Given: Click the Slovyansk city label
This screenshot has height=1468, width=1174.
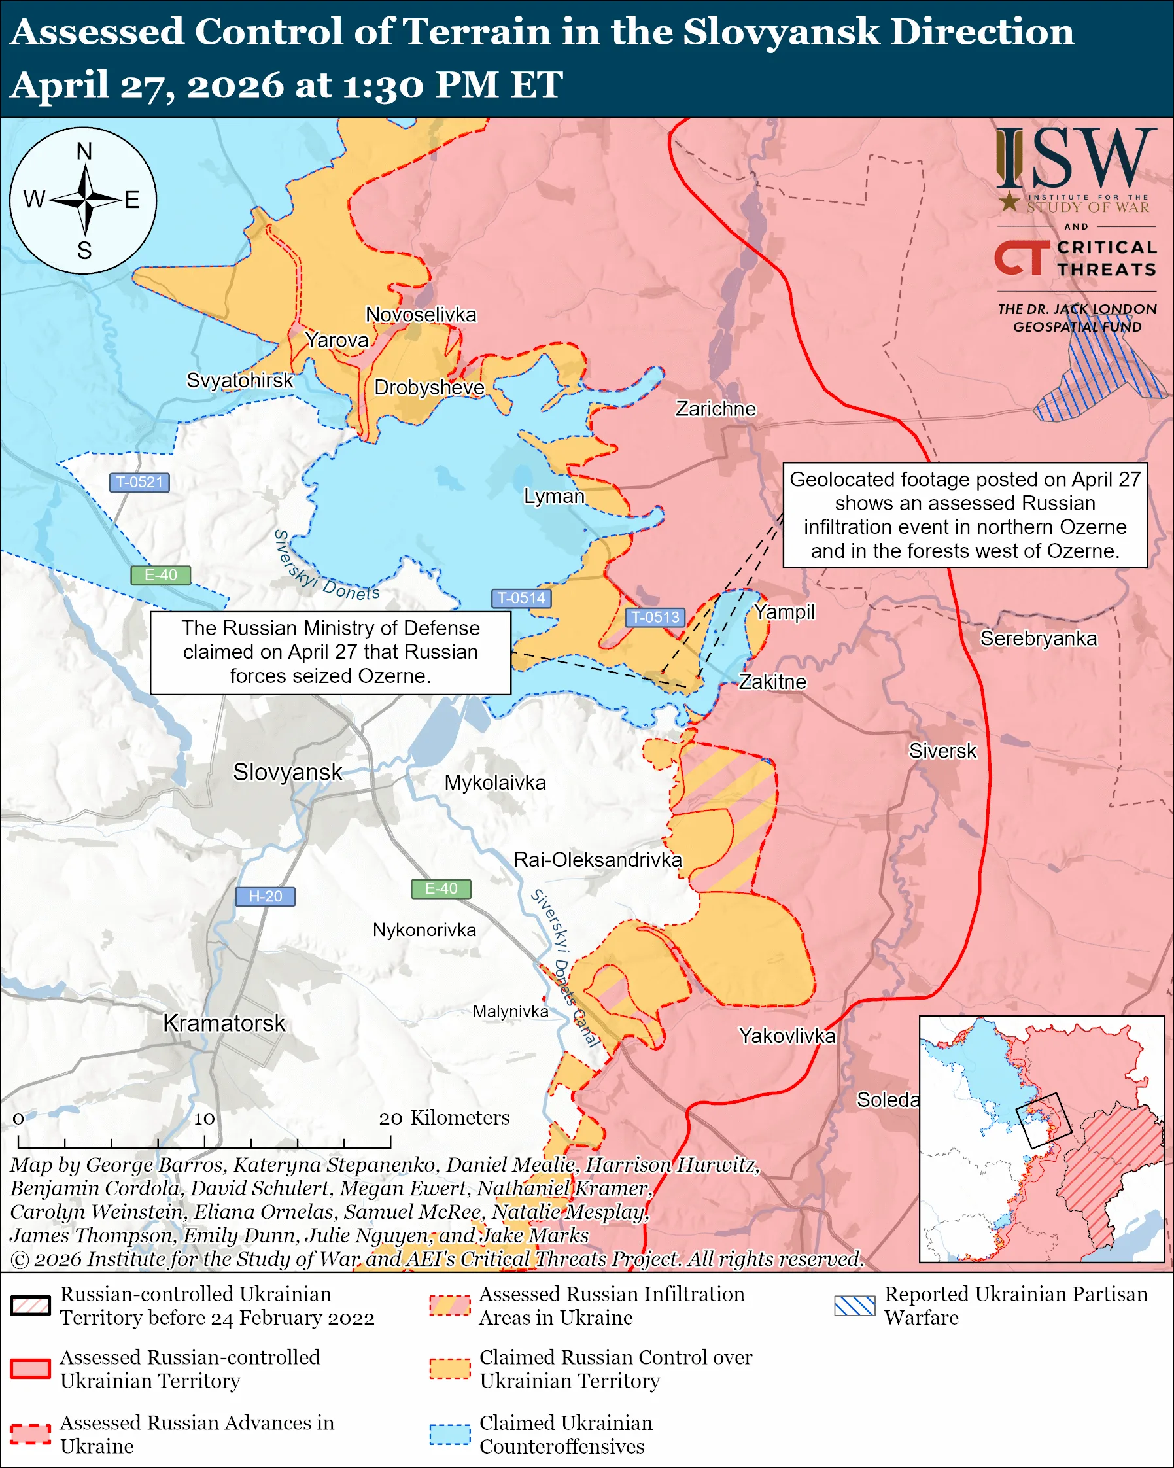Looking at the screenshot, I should tap(287, 772).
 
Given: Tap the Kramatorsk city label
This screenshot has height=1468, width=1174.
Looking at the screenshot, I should tap(224, 1023).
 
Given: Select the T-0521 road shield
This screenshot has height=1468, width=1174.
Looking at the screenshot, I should tap(139, 482).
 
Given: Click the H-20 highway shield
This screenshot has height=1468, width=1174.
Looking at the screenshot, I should tap(265, 896).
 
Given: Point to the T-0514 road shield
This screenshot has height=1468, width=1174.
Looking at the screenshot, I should tap(521, 598).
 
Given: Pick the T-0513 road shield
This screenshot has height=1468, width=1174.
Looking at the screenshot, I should tap(655, 617).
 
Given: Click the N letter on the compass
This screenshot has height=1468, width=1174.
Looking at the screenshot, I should tap(84, 151).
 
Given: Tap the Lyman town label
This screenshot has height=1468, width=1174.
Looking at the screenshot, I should tap(553, 496).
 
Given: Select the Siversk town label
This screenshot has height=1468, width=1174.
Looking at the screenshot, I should tap(942, 751).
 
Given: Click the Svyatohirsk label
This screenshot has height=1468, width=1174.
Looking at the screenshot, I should tap(239, 380).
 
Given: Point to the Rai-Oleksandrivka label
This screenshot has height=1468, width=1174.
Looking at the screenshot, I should tap(598, 860).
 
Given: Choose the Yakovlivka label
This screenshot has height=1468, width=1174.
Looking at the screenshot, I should tap(787, 1036).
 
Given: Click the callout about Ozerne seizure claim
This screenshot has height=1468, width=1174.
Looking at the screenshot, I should tap(330, 652).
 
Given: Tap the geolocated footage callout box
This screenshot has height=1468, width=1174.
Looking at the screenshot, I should tap(965, 515).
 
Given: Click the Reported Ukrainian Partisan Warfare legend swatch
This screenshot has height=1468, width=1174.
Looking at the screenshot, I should tap(855, 1305).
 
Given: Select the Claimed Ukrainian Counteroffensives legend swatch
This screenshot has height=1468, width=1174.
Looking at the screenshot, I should tap(450, 1434).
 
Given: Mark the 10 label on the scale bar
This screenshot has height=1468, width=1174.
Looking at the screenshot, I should tap(204, 1119).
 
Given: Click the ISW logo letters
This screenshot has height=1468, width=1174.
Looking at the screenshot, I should tap(1076, 160).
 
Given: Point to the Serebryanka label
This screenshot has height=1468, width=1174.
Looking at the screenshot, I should tap(1038, 638).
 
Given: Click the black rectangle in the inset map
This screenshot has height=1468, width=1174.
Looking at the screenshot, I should tap(1043, 1120).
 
